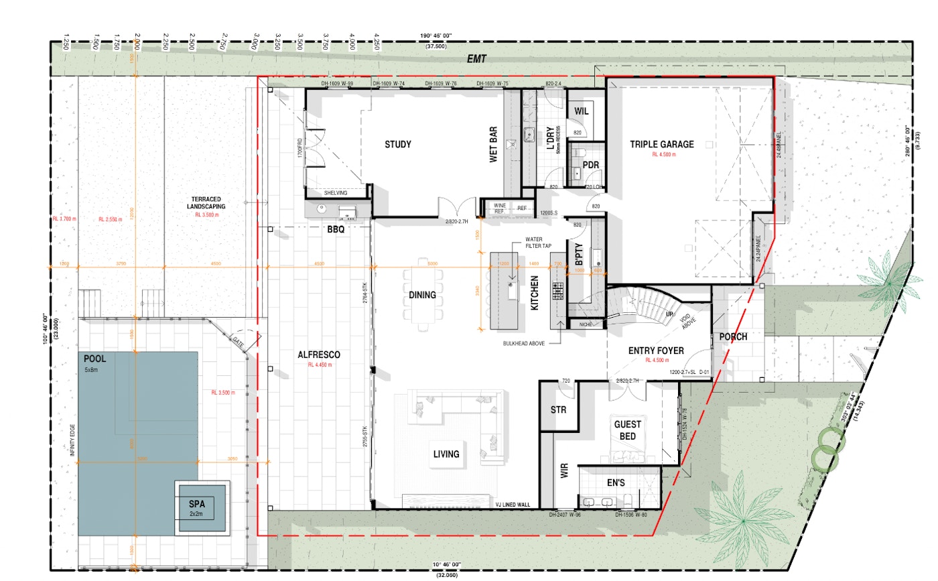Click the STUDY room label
point(397,144)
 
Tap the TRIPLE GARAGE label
point(661,144)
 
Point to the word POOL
point(94,359)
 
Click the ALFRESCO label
point(319,354)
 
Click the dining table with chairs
point(422,295)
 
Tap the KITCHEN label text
point(535,296)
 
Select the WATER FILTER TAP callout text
point(538,242)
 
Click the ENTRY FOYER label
point(655,350)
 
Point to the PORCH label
point(733,336)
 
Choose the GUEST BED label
point(627,430)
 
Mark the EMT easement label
point(476,60)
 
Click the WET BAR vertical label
point(493,146)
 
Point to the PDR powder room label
point(590,164)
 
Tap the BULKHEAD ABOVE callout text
point(523,342)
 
